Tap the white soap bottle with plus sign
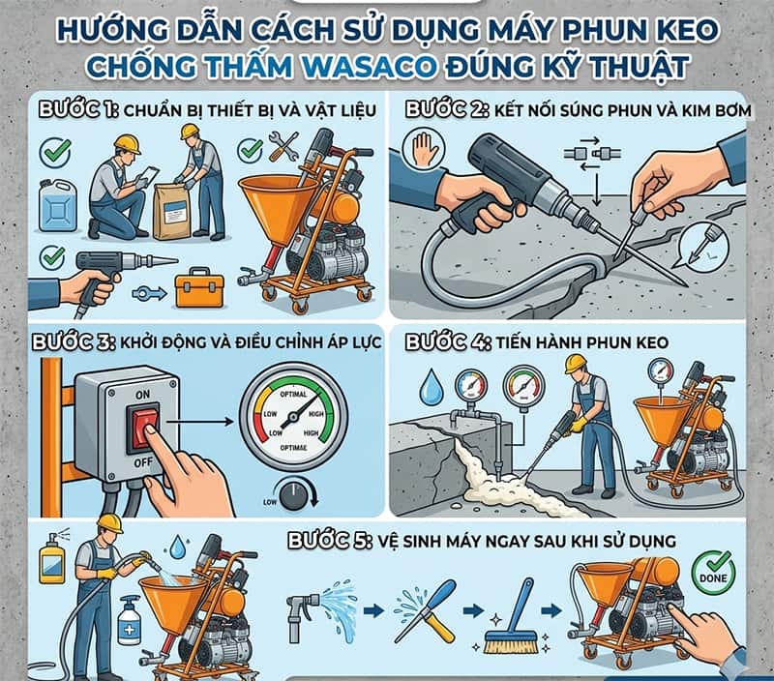(129, 620)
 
